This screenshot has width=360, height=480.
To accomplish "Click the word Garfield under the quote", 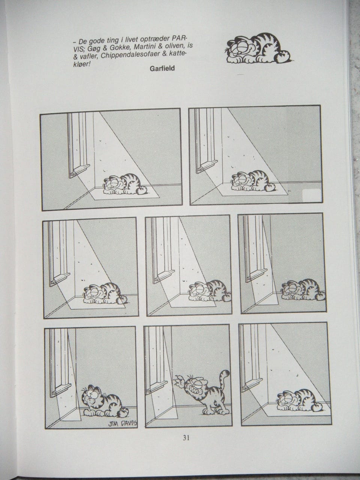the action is click(x=162, y=69).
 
